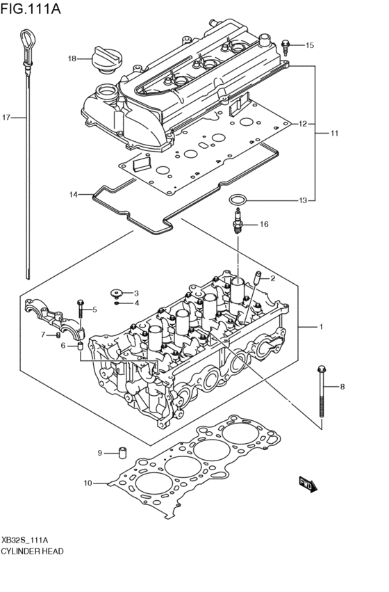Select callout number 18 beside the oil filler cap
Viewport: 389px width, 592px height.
pos(72,58)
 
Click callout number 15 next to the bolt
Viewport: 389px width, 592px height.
pos(309,45)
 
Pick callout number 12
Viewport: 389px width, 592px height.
pos(303,124)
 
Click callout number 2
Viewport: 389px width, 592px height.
pos(273,278)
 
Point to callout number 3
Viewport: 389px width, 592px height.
pos(136,293)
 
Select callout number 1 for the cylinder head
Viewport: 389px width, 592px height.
pos(321,326)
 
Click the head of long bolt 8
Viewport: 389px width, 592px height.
pos(320,369)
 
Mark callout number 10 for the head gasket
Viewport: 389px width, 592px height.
pos(88,482)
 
